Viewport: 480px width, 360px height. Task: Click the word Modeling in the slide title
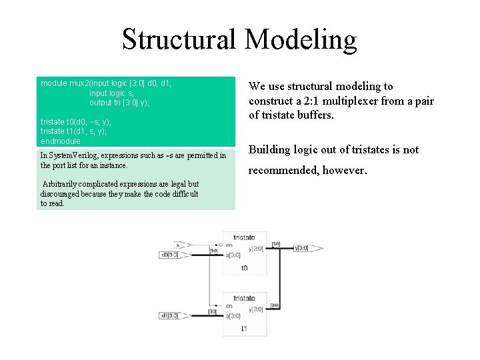(301, 39)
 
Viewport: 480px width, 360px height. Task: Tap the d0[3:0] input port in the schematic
(169, 255)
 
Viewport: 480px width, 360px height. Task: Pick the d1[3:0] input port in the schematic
(169, 315)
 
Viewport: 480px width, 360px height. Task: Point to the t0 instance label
(244, 267)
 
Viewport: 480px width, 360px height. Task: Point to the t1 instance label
(244, 328)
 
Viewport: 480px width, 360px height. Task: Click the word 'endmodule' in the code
(60, 141)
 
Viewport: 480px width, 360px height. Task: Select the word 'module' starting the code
(53, 83)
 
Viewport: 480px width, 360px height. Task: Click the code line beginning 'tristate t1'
(73, 131)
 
